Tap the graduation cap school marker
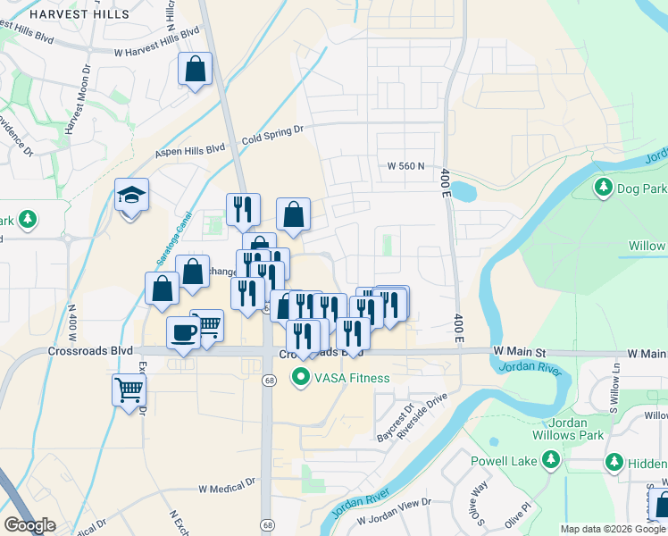click(132, 197)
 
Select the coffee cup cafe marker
click(184, 331)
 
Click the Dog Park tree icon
click(604, 188)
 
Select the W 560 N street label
click(405, 166)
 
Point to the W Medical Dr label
click(228, 489)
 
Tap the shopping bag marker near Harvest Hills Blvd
click(196, 70)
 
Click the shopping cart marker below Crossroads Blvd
click(129, 389)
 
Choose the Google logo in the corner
click(29, 525)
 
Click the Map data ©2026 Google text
click(613, 529)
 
